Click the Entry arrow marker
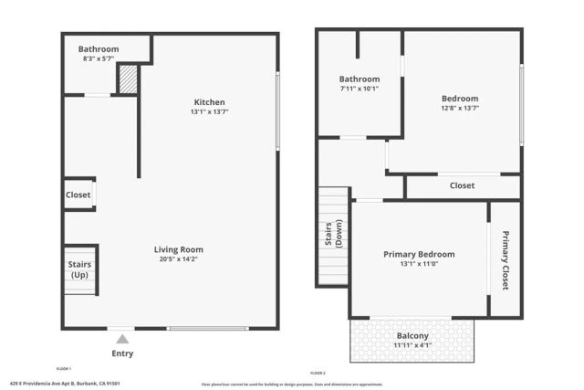pos(121,340)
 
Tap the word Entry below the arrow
pos(121,353)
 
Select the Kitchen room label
pos(209,102)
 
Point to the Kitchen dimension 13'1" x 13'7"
pos(209,112)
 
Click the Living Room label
pos(178,249)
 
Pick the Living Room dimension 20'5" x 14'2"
pos(178,259)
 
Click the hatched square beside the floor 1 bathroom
pos(128,79)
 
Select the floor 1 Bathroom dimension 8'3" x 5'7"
pos(99,58)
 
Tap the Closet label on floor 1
pos(78,195)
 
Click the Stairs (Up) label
pos(80,270)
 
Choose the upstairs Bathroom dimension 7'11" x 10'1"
pos(360,89)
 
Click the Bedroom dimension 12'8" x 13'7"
pos(460,108)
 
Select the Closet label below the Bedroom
pos(462,185)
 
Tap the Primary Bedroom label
pos(419,254)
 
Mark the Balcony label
pos(412,335)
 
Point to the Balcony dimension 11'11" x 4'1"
pos(412,345)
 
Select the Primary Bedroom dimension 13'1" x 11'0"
pos(419,265)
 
